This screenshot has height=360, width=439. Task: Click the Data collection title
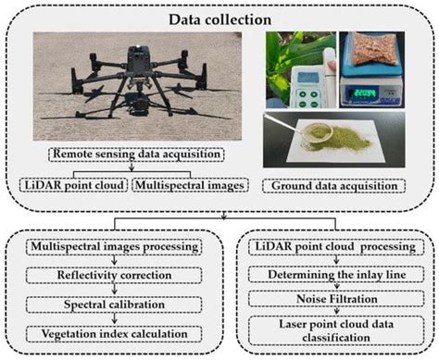pyautogui.click(x=219, y=18)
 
